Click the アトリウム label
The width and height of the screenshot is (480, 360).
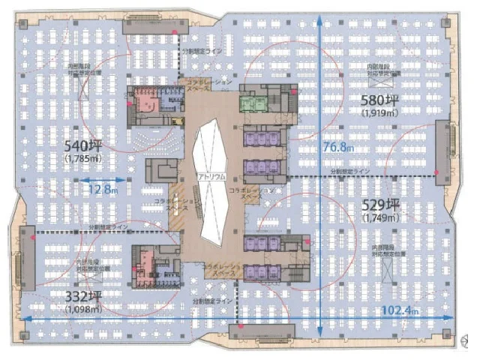coord(210,175)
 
